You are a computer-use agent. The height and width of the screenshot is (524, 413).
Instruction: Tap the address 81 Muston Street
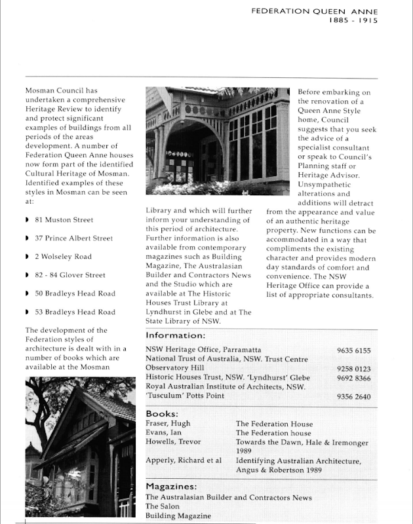click(x=64, y=220)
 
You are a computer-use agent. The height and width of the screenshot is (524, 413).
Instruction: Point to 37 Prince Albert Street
click(x=73, y=238)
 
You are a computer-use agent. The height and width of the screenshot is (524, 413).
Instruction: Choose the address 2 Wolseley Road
click(x=63, y=257)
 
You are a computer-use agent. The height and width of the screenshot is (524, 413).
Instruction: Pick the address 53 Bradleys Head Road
click(x=75, y=312)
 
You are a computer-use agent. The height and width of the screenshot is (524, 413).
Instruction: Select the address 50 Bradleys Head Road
click(x=75, y=294)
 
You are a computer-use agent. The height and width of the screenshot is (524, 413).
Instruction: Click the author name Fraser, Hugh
click(x=168, y=424)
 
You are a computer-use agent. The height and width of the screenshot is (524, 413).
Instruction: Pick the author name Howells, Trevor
click(x=172, y=443)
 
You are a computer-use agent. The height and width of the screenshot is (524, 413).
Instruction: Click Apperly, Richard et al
click(x=184, y=461)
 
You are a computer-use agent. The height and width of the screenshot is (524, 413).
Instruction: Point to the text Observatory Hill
click(x=174, y=369)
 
